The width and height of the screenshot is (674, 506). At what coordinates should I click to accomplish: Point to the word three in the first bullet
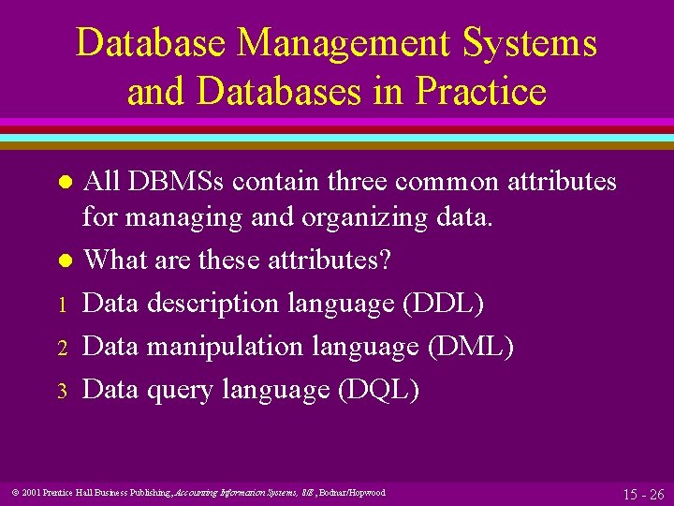[x=367, y=181]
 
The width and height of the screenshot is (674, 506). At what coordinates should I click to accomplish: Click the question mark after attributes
[x=385, y=260]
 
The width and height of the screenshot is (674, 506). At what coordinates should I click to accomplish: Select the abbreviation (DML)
[x=470, y=347]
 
